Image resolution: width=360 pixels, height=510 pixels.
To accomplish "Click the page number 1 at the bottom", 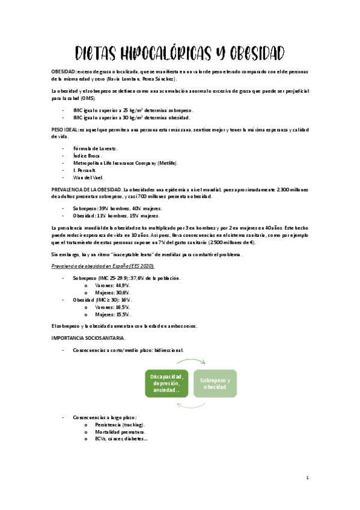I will (307, 478).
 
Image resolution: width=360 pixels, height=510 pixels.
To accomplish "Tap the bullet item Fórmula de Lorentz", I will (95, 147).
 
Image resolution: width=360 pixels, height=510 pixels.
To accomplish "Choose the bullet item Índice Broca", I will (90, 155).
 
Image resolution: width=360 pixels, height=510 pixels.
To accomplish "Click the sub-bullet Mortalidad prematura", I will (120, 432).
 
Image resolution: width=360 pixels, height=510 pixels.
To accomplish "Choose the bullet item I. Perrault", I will (88, 170).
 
